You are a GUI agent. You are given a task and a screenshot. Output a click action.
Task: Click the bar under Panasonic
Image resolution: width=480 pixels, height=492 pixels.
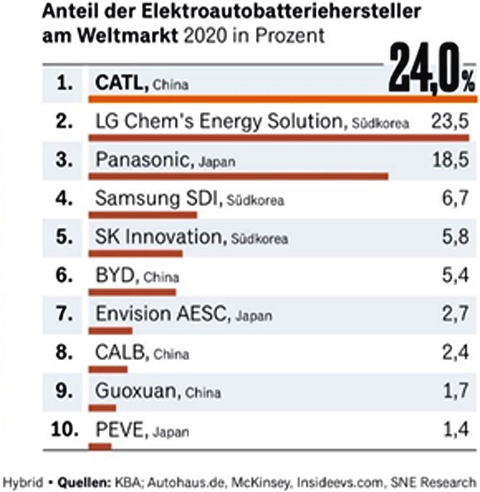pos(238,176)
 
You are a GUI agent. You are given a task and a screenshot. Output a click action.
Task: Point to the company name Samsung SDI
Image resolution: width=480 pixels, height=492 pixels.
pos(156,199)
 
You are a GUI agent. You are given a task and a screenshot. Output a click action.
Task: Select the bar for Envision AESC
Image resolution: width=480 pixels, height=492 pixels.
pos(110,330)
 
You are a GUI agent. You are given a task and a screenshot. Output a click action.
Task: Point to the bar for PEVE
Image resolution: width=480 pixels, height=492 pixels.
pos(100,446)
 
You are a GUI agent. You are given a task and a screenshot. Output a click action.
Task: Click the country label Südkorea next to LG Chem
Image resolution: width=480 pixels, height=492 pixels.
pos(378,124)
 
